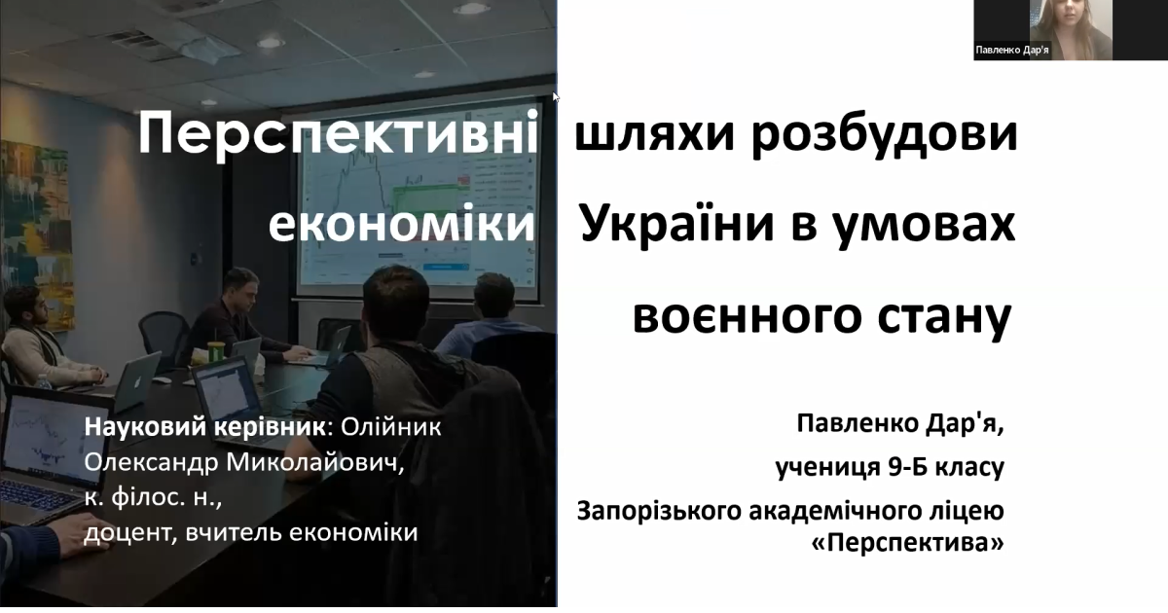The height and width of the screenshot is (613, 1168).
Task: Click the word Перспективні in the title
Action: coord(338,134)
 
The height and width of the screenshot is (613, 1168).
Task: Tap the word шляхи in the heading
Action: coord(655,134)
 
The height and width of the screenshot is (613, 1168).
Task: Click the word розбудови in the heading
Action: coord(885,134)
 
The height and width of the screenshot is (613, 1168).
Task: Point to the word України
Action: coord(677,224)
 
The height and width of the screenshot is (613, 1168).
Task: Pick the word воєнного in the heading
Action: coord(747,317)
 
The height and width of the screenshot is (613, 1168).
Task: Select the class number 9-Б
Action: coord(907,467)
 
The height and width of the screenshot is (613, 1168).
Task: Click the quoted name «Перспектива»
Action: coord(908,543)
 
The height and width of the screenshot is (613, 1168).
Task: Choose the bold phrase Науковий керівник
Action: coord(205,427)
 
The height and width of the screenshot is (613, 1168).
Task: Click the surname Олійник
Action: coord(391,427)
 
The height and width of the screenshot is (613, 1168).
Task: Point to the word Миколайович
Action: coord(314,463)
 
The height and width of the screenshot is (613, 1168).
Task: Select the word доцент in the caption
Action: coord(128,534)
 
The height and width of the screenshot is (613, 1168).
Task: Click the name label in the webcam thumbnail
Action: coord(1012,51)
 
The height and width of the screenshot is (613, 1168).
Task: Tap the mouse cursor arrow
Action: coord(556,97)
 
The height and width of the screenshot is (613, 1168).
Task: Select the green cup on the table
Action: coord(215,352)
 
